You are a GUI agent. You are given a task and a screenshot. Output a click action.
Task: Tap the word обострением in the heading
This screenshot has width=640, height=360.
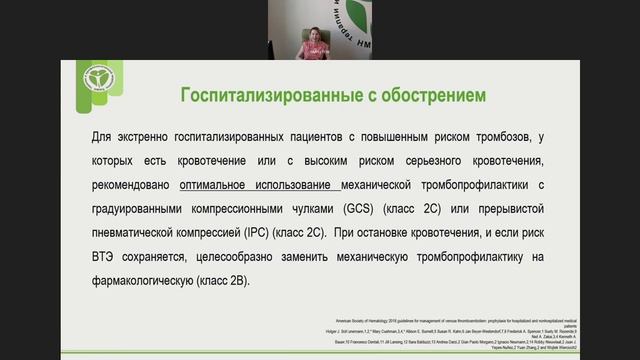click(429, 95)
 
